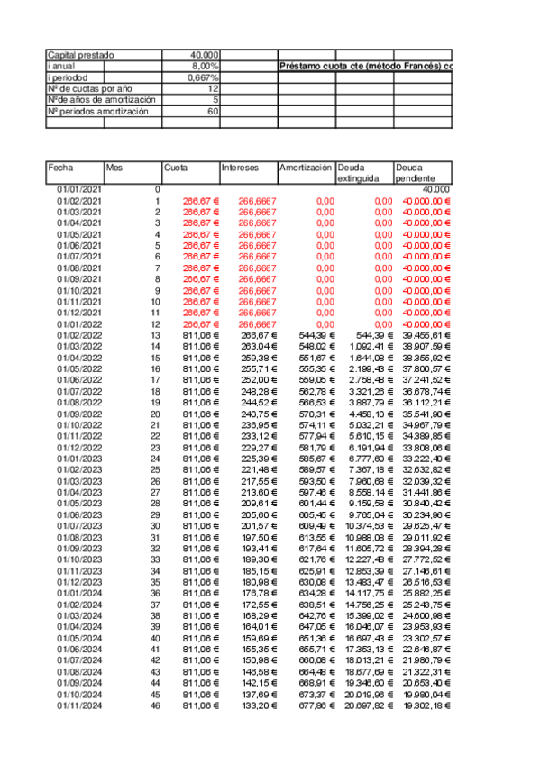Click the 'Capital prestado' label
[x=80, y=55]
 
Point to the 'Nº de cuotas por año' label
[x=88, y=88]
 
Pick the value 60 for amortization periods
[x=213, y=111]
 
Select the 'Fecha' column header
[x=60, y=168]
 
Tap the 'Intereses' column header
[x=240, y=168]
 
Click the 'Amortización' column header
[x=306, y=168]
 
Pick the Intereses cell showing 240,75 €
[x=256, y=414]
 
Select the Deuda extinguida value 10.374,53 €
[x=365, y=525]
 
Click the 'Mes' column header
[x=114, y=168]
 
